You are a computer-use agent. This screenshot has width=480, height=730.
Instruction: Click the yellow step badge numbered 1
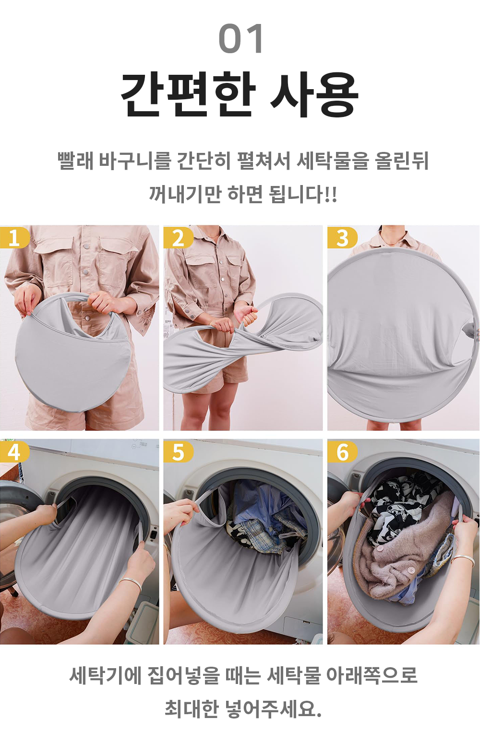point(14,238)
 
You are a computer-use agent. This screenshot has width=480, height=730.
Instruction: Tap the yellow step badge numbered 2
point(178,238)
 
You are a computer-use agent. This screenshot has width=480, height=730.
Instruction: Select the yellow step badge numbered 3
point(342,238)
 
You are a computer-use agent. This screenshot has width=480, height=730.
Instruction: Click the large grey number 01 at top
point(240,38)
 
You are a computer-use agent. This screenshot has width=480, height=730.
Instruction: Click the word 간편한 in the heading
point(188,95)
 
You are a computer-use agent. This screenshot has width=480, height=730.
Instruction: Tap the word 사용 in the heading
point(314,95)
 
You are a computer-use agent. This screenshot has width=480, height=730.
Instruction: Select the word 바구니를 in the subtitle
point(134,161)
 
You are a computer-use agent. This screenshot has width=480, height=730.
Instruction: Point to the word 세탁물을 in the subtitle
point(333,161)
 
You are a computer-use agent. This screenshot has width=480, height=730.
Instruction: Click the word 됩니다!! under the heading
point(302,194)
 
